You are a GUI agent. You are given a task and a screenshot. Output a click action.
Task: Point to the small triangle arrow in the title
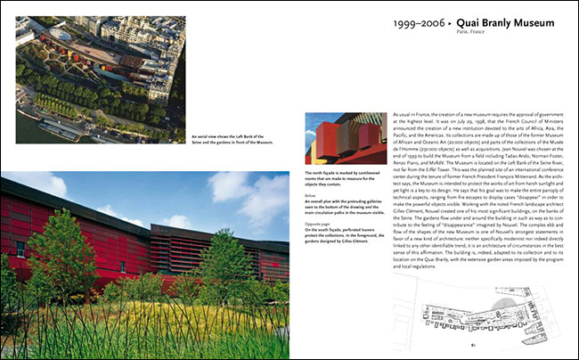click(x=463, y=22)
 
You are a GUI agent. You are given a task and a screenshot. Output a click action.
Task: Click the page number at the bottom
click(x=475, y=344)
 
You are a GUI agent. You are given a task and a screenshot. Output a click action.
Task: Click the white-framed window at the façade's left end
click(x=20, y=248)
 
